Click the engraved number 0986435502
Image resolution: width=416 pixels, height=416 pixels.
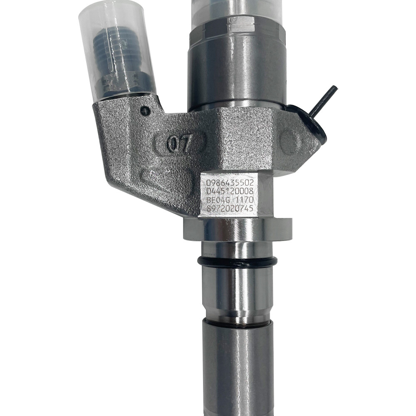(230, 182)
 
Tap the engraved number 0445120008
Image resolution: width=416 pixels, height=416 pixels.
(230, 191)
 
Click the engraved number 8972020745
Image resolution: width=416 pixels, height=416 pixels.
(230, 209)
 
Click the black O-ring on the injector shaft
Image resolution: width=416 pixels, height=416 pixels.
(237, 262)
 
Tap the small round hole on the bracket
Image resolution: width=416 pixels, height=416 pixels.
(145, 111)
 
